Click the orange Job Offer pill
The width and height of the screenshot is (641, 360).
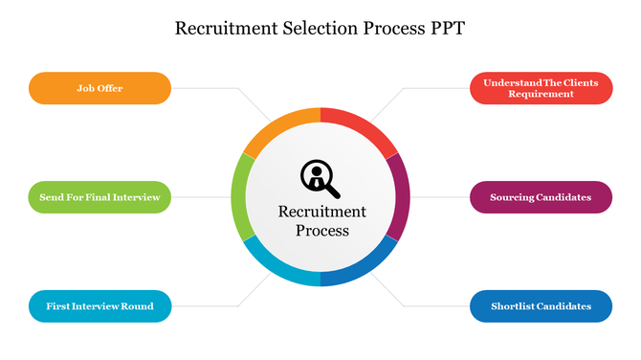(99, 88)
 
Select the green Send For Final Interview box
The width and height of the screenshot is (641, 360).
(99, 197)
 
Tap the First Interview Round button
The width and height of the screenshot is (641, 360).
(99, 306)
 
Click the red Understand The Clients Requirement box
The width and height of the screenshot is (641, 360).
(541, 88)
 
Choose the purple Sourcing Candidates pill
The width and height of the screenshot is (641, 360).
(541, 197)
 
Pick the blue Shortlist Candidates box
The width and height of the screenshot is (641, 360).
(541, 306)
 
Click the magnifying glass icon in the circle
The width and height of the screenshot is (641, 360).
(320, 176)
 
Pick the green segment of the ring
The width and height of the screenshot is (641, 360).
(239, 197)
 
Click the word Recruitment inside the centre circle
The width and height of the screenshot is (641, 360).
(321, 212)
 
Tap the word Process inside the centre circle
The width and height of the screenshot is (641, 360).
(321, 231)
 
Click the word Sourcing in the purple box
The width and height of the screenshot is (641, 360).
(518, 197)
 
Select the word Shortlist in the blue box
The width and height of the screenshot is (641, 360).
(518, 306)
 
